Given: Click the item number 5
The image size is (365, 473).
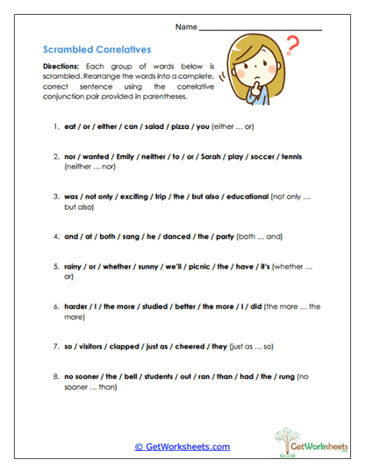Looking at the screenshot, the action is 56,267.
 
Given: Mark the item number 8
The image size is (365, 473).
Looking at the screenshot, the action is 56,376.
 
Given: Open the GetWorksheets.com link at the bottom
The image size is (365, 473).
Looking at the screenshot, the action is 182,447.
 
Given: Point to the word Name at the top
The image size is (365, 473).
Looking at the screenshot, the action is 186,27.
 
